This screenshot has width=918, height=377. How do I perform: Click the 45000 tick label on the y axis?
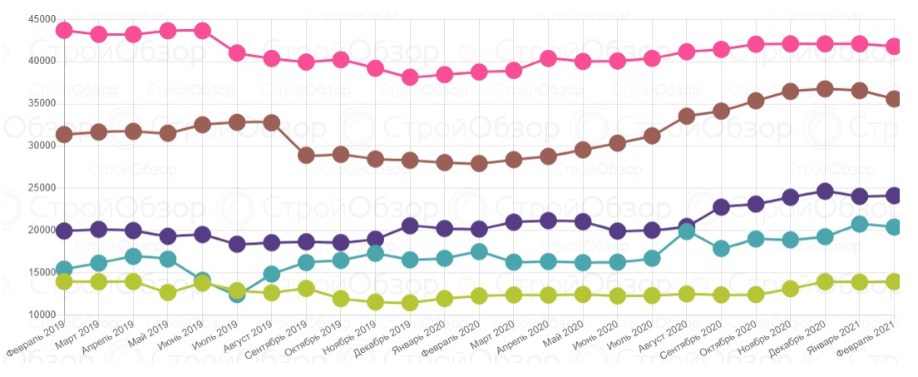[41, 19]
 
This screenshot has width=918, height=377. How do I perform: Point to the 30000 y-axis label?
[41, 146]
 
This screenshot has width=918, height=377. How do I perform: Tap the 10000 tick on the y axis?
[41, 315]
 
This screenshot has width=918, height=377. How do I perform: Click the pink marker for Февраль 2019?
[64, 30]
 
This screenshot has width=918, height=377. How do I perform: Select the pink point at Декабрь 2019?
[410, 77]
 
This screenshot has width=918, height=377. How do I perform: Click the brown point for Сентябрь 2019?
[306, 155]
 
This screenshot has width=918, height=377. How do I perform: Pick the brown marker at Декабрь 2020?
[825, 89]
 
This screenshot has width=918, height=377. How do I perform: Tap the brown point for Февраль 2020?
[479, 163]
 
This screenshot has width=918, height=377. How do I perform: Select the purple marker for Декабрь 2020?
[825, 191]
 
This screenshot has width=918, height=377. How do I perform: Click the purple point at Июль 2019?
[237, 244]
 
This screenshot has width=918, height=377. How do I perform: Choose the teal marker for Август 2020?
[687, 231]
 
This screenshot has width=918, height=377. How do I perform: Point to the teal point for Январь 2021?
[860, 224]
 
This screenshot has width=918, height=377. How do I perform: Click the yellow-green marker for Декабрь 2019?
[410, 303]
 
